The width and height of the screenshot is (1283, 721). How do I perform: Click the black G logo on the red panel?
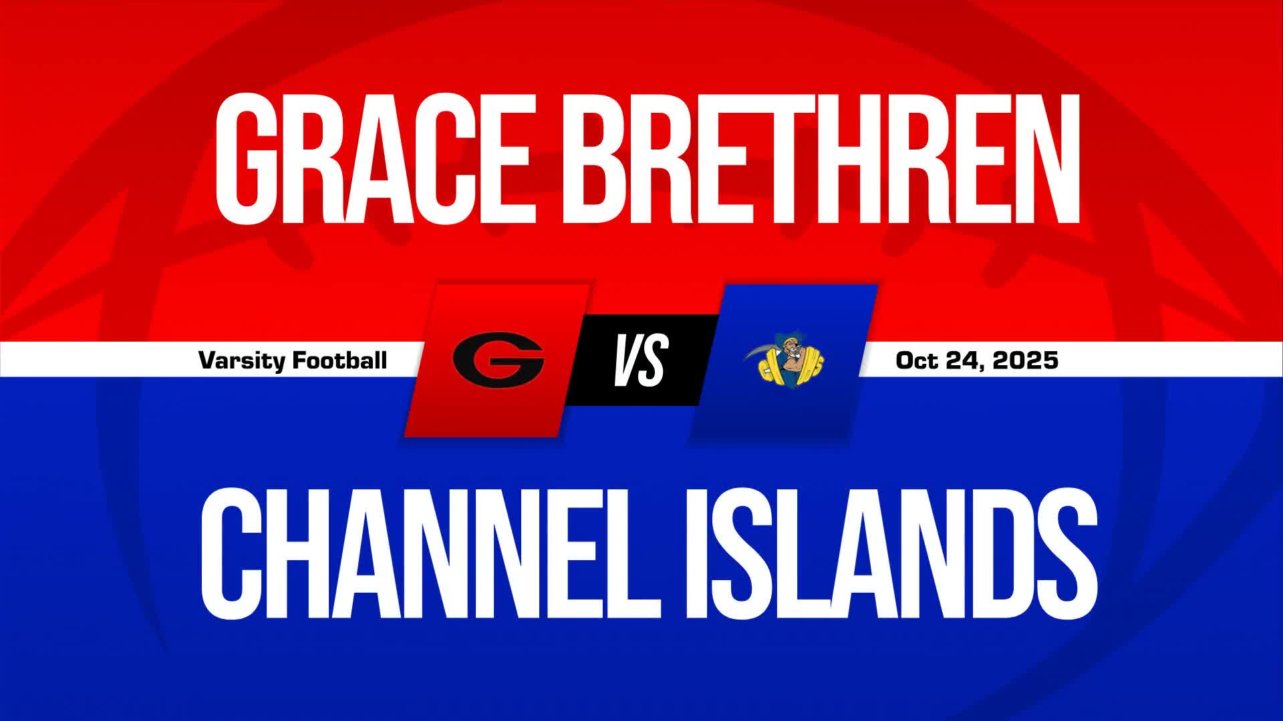pos(498,360)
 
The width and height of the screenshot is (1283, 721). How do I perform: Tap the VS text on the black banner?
pos(641,360)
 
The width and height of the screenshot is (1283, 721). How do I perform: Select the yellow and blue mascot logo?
pos(784,360)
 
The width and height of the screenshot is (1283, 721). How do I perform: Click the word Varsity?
pos(243,361)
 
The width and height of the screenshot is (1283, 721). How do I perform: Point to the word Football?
pos(341,360)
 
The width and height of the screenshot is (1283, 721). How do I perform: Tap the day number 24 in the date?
pos(965,360)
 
